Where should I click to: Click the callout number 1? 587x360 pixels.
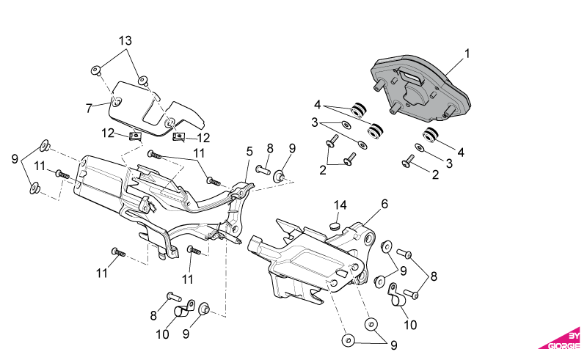[467, 54]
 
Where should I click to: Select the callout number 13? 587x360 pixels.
[125, 40]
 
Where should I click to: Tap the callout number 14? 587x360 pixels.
[340, 205]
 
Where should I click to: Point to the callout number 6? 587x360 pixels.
[384, 204]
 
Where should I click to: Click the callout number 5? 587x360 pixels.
[249, 152]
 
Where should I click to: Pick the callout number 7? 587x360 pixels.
[89, 109]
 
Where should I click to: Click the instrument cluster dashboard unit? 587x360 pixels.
[420, 89]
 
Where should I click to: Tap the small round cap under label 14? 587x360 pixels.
[335, 226]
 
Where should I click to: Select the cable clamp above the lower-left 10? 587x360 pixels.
[185, 309]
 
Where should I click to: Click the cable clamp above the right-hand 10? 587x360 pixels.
[395, 295]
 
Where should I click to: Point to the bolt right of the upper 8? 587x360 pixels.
[263, 169]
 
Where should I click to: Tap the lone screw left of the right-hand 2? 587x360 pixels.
[407, 161]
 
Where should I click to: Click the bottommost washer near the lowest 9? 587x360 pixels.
[348, 340]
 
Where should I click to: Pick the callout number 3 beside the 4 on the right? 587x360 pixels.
[449, 164]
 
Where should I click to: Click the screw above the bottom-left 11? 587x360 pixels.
[119, 252]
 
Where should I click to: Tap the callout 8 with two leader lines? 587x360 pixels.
[434, 276]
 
